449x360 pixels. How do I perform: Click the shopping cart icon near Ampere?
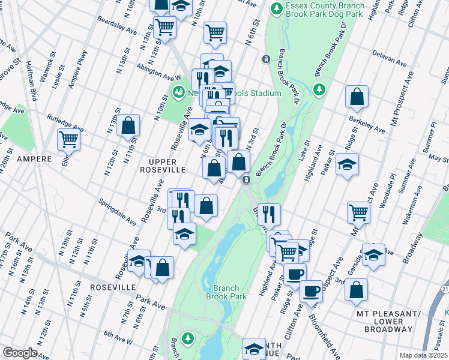68,140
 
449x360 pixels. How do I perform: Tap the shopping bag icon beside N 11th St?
128,125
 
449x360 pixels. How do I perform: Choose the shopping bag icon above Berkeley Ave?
357,97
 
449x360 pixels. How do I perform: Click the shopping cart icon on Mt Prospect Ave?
358,211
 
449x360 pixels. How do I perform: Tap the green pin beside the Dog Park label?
277,8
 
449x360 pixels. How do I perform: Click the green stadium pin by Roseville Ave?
178,93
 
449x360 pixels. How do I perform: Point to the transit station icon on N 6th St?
265,59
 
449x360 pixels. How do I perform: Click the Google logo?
20,353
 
